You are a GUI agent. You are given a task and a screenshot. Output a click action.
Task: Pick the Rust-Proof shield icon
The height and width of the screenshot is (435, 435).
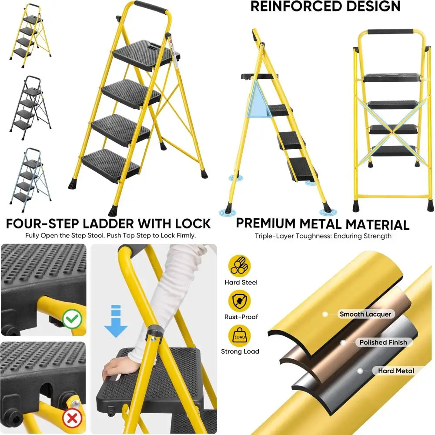[241, 300]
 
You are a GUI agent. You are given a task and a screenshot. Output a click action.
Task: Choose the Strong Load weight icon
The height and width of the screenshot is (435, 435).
[241, 335]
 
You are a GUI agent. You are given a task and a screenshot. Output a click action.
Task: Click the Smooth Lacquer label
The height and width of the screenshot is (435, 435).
[365, 314]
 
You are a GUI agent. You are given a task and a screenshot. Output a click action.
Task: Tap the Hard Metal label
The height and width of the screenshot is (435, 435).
[395, 371]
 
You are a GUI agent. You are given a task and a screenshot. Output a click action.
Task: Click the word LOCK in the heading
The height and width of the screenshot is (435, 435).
[191, 224]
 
